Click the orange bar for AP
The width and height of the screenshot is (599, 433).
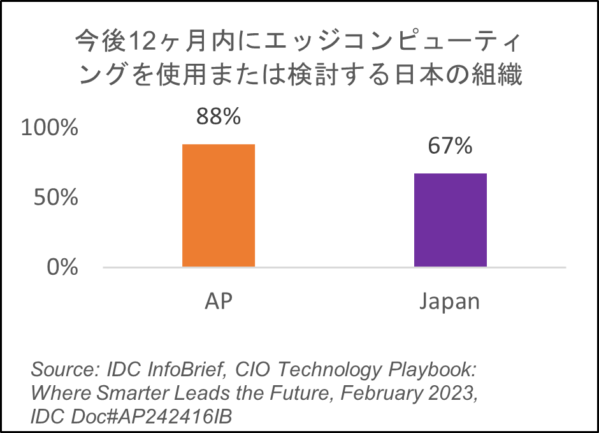click(219, 205)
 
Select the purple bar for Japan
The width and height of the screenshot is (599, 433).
click(451, 220)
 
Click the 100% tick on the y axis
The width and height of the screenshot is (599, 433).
click(49, 128)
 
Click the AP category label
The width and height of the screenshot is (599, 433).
click(219, 300)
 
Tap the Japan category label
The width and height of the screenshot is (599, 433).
click(450, 302)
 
